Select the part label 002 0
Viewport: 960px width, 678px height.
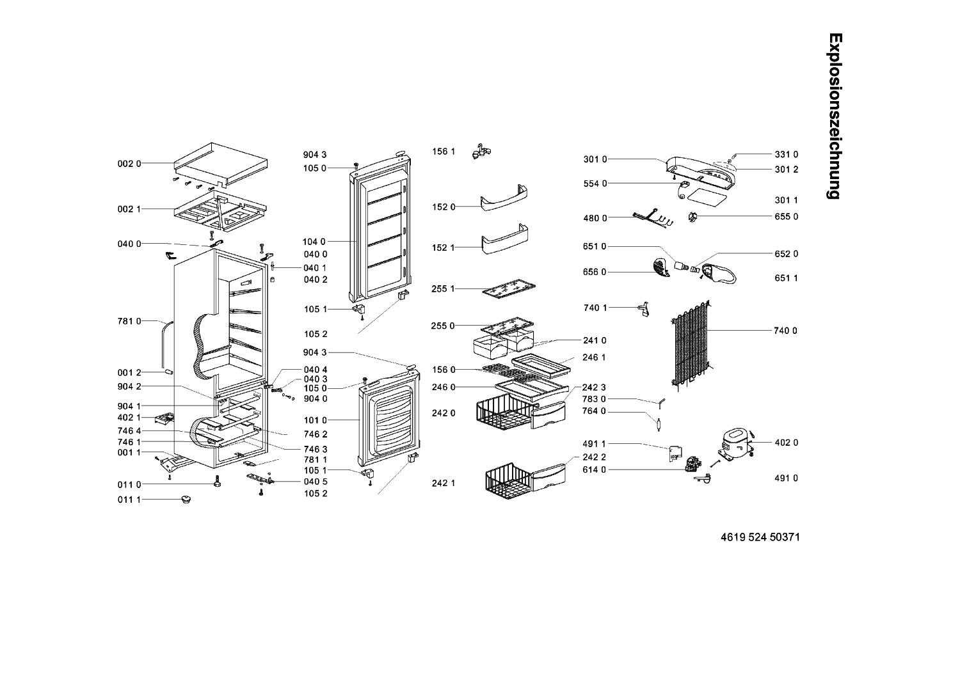[x=126, y=164]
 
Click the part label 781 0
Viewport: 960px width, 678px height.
[x=129, y=321]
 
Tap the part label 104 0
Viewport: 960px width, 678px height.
[x=314, y=242]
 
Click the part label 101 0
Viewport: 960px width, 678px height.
[x=314, y=421]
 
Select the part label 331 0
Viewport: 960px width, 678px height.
[x=787, y=154]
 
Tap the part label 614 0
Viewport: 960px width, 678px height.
[x=595, y=470]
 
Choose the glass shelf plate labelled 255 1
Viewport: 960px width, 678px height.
[x=509, y=291]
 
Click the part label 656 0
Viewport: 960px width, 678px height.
[x=595, y=272]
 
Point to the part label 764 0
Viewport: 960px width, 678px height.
[x=595, y=411]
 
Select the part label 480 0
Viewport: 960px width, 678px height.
[x=595, y=218]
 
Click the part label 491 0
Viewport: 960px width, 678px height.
[x=787, y=478]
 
